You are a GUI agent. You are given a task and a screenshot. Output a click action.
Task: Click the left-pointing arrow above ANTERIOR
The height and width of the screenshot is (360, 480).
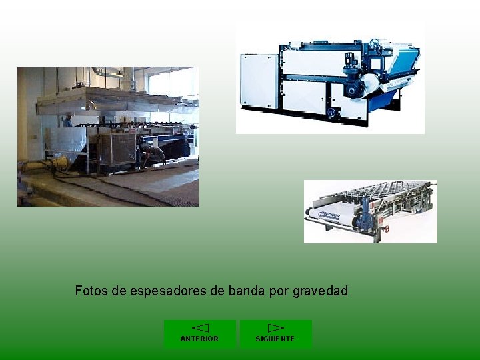[x=200, y=328]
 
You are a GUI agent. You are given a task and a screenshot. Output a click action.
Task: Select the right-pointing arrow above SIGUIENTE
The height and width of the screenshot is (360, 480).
[x=275, y=328]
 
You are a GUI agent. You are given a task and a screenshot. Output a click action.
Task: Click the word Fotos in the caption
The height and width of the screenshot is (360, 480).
[x=90, y=291]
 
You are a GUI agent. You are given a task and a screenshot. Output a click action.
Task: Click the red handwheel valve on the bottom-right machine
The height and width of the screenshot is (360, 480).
[x=386, y=228]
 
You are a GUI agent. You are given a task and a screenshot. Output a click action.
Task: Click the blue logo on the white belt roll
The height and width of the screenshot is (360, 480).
[x=329, y=215]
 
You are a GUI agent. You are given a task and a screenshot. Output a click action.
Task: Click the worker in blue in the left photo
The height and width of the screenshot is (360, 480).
[x=67, y=121]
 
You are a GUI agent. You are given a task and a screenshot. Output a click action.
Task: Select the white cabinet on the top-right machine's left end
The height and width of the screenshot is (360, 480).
[x=259, y=81]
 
